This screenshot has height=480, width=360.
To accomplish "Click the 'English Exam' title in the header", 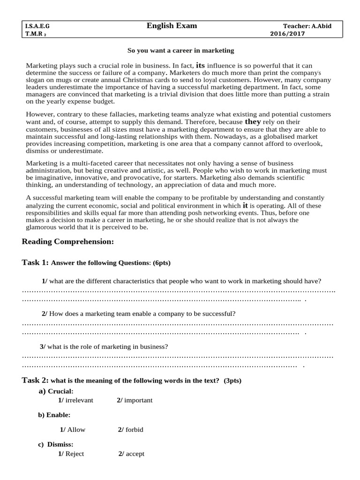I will pos(172,26).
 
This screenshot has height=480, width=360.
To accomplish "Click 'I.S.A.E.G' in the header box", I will pos(38,26).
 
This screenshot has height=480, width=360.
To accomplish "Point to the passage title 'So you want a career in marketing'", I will pos(181,50).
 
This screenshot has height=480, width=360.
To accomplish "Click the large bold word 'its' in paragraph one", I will pos(200,65).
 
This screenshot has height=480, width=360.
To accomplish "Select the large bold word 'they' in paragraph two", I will pos(253,121).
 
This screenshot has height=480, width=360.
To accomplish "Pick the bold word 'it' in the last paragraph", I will pos(245,205).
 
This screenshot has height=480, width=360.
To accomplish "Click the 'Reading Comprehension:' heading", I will pos(68,241).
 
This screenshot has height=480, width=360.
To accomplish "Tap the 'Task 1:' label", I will pos(35,262).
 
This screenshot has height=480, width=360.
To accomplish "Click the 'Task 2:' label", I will pos(35,380).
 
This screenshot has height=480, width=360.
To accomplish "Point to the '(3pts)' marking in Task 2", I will pos(232,381).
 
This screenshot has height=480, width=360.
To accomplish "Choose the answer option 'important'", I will pos(138,400).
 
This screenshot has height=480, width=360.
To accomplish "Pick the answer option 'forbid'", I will pos(135,429).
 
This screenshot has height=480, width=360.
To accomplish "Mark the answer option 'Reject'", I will pos(75,454).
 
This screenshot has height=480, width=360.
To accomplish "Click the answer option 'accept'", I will pos(135,454).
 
